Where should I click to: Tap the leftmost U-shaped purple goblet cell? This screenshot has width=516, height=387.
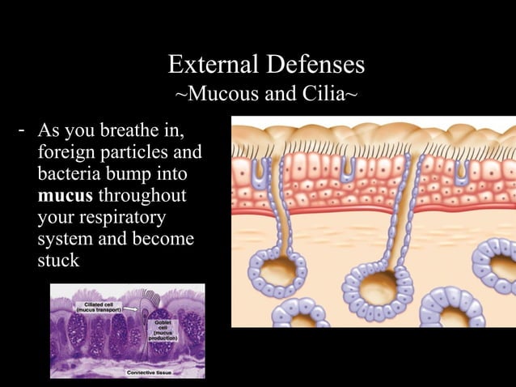coord(260,169)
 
